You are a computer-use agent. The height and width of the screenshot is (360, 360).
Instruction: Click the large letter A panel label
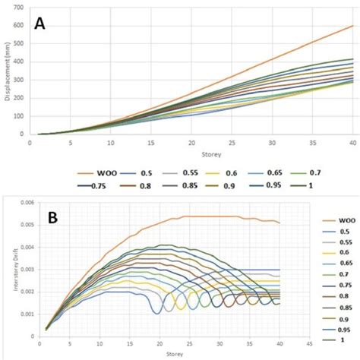39,24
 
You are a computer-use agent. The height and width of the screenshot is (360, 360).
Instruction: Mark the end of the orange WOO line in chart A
352,26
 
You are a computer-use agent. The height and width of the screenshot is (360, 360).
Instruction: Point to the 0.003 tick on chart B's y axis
17,270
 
